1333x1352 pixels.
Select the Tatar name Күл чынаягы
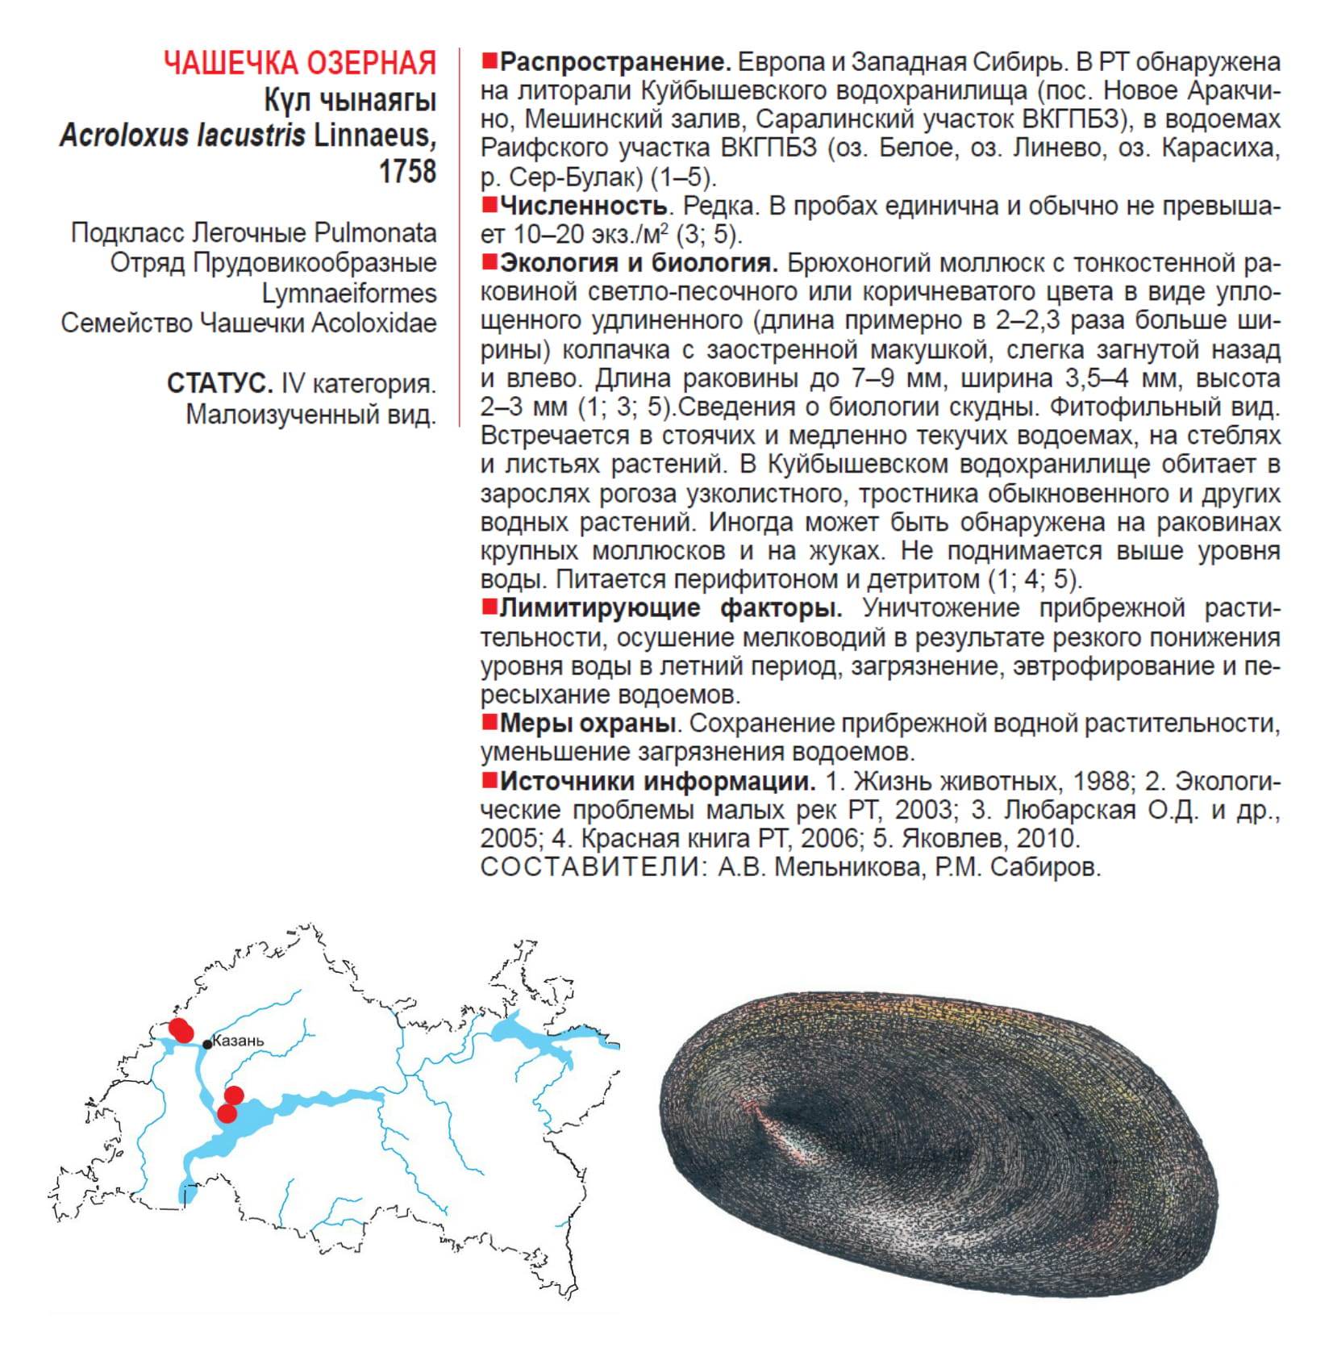point(350,101)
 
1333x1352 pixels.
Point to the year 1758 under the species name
point(407,171)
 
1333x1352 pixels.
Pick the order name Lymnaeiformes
point(348,293)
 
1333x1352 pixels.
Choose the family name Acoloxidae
point(374,323)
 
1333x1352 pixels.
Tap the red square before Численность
point(489,206)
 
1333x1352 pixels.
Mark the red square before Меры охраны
point(489,722)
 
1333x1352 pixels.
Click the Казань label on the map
point(238,1041)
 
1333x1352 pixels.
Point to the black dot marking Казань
point(207,1044)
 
